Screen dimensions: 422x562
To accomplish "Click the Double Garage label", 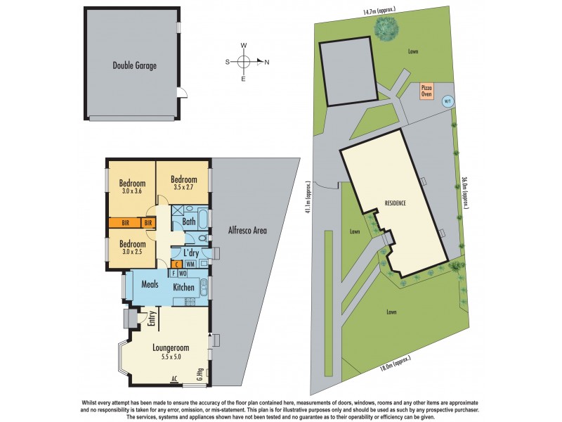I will click(134, 66).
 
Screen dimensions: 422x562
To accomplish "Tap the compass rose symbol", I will click(244, 62).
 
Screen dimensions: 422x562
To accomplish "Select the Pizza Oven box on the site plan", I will click(427, 91).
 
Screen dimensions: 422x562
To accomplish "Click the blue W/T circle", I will click(446, 101).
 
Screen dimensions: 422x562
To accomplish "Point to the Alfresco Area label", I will click(247, 230).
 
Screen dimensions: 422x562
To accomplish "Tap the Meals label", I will click(148, 286).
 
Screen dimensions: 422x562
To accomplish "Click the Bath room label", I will click(189, 222).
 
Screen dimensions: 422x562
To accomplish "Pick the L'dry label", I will click(190, 253).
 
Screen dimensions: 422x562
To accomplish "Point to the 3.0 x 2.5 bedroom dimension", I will click(131, 252).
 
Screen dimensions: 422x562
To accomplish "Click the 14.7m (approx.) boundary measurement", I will click(377, 11).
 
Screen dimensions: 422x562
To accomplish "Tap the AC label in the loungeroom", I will click(174, 379).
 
